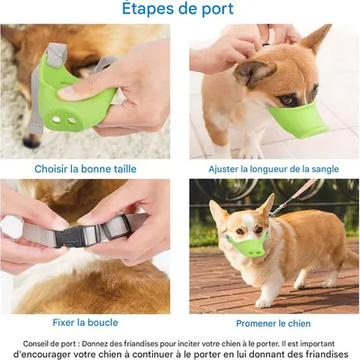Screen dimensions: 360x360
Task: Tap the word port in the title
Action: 218,10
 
